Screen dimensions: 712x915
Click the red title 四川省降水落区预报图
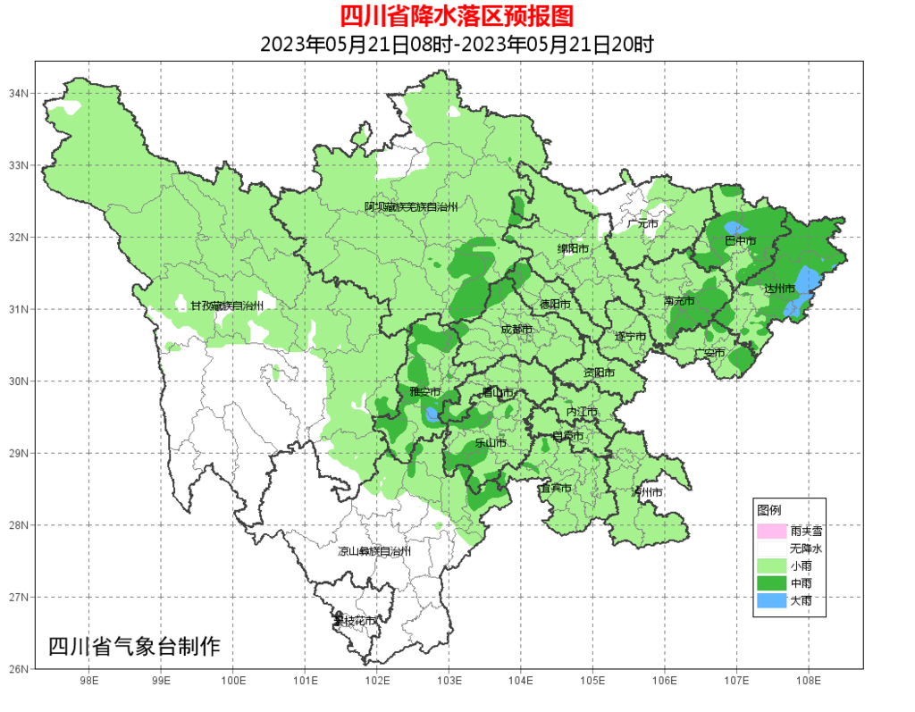457,15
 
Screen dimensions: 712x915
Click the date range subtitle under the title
457,44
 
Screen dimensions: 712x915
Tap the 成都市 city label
516,330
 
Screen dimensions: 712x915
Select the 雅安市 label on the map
425,392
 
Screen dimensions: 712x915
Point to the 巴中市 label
740,241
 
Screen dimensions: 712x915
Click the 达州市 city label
779,289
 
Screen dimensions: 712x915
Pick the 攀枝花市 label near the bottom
355,620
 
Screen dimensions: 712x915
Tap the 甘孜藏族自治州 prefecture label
226,306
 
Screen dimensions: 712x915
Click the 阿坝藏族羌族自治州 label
411,206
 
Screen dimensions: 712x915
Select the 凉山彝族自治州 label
374,551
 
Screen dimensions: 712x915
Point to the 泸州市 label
647,492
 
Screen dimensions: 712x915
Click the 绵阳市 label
574,248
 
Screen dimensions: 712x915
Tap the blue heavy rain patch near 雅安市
432,415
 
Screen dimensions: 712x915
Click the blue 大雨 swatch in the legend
771,601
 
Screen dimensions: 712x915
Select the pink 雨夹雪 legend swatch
771,531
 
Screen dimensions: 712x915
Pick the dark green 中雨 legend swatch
771,583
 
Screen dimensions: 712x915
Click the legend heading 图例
768,509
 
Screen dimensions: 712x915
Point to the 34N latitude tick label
19,94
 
